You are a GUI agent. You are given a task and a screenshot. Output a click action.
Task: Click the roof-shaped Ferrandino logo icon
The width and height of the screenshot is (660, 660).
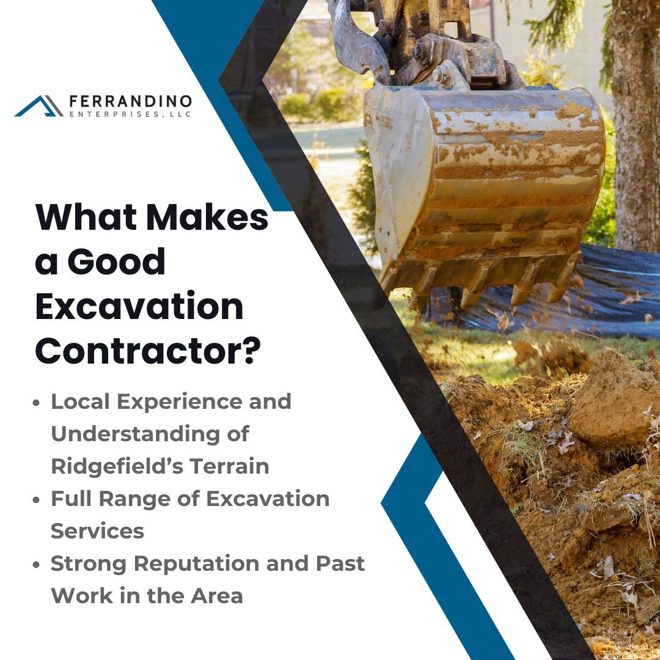(x=38, y=106)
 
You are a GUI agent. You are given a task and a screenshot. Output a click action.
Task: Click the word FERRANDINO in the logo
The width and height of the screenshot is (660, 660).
(x=131, y=101)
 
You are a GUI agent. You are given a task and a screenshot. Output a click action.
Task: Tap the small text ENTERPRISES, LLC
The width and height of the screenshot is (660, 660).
(x=130, y=114)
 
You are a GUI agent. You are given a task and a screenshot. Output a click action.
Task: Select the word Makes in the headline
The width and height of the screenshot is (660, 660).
(x=207, y=217)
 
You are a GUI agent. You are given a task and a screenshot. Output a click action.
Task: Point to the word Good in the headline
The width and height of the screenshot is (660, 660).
(x=116, y=262)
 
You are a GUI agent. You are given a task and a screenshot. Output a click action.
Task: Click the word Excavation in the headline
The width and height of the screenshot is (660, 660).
(x=139, y=306)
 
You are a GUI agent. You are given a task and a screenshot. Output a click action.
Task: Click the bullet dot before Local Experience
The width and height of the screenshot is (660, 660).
(x=36, y=402)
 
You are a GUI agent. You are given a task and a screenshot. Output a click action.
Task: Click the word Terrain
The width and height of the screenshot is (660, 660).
(x=229, y=466)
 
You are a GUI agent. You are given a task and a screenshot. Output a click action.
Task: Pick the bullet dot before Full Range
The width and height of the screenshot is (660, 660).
(x=36, y=500)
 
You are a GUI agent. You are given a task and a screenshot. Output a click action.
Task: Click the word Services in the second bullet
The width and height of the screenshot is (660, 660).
(x=97, y=531)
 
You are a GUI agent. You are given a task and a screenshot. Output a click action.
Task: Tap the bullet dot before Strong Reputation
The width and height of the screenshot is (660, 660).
(x=36, y=565)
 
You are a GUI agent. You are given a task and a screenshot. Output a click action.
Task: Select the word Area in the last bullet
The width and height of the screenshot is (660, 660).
(x=217, y=596)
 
